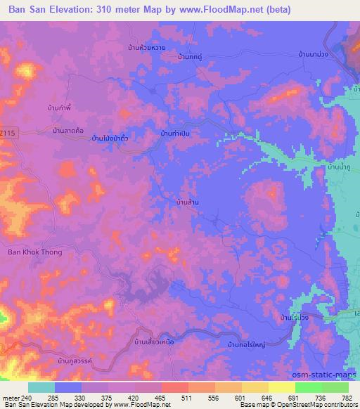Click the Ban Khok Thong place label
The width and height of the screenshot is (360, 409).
pos(34,252)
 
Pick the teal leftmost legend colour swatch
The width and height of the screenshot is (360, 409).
pos(41,387)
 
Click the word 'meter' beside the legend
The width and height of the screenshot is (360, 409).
pos(11,398)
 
